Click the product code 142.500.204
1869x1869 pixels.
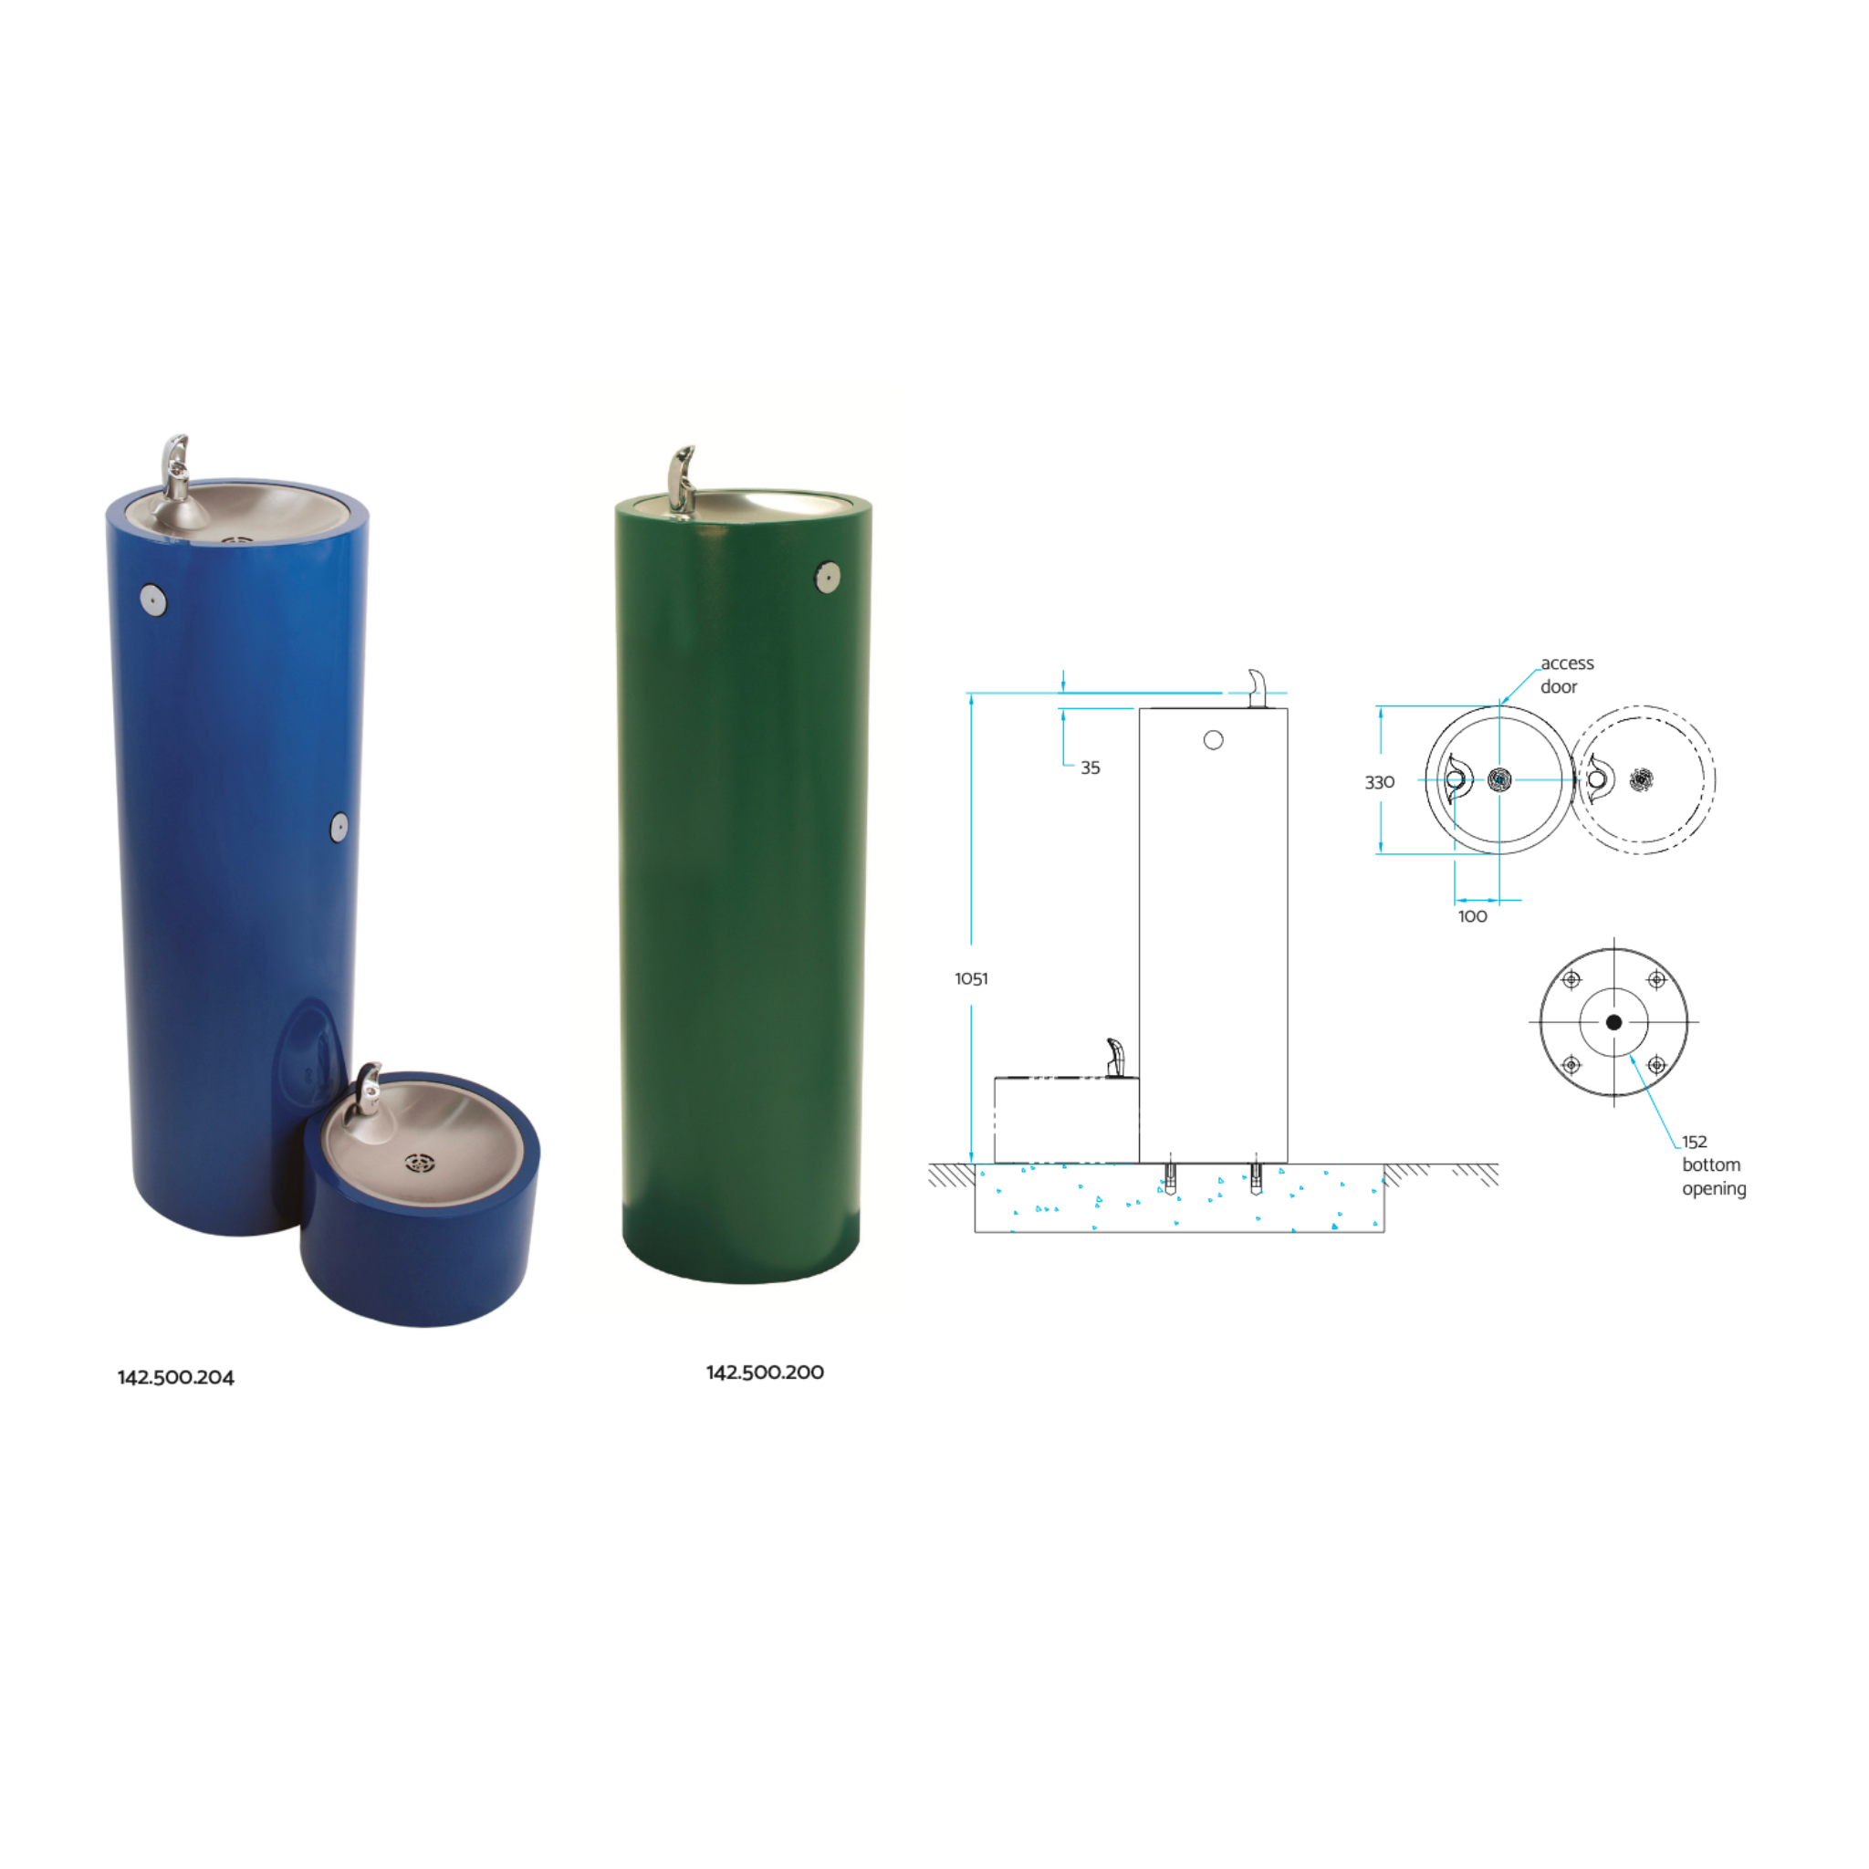click(175, 1377)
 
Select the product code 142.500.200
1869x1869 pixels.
click(764, 1372)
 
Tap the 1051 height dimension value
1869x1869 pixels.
click(971, 978)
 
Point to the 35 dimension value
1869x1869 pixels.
click(1091, 767)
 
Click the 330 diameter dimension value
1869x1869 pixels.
click(1380, 782)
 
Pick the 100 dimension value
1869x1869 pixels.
click(1472, 916)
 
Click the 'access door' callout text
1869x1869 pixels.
click(1566, 674)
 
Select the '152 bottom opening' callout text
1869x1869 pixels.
click(1713, 1164)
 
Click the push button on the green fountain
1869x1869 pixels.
click(827, 578)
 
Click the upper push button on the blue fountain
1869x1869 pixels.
click(154, 600)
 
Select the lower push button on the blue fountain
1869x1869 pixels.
click(339, 827)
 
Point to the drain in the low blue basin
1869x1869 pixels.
click(420, 1163)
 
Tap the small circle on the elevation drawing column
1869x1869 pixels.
click(1213, 740)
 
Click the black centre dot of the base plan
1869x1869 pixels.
click(1613, 1021)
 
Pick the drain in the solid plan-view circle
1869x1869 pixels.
click(1499, 778)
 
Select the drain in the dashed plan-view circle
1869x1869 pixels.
click(1642, 778)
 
